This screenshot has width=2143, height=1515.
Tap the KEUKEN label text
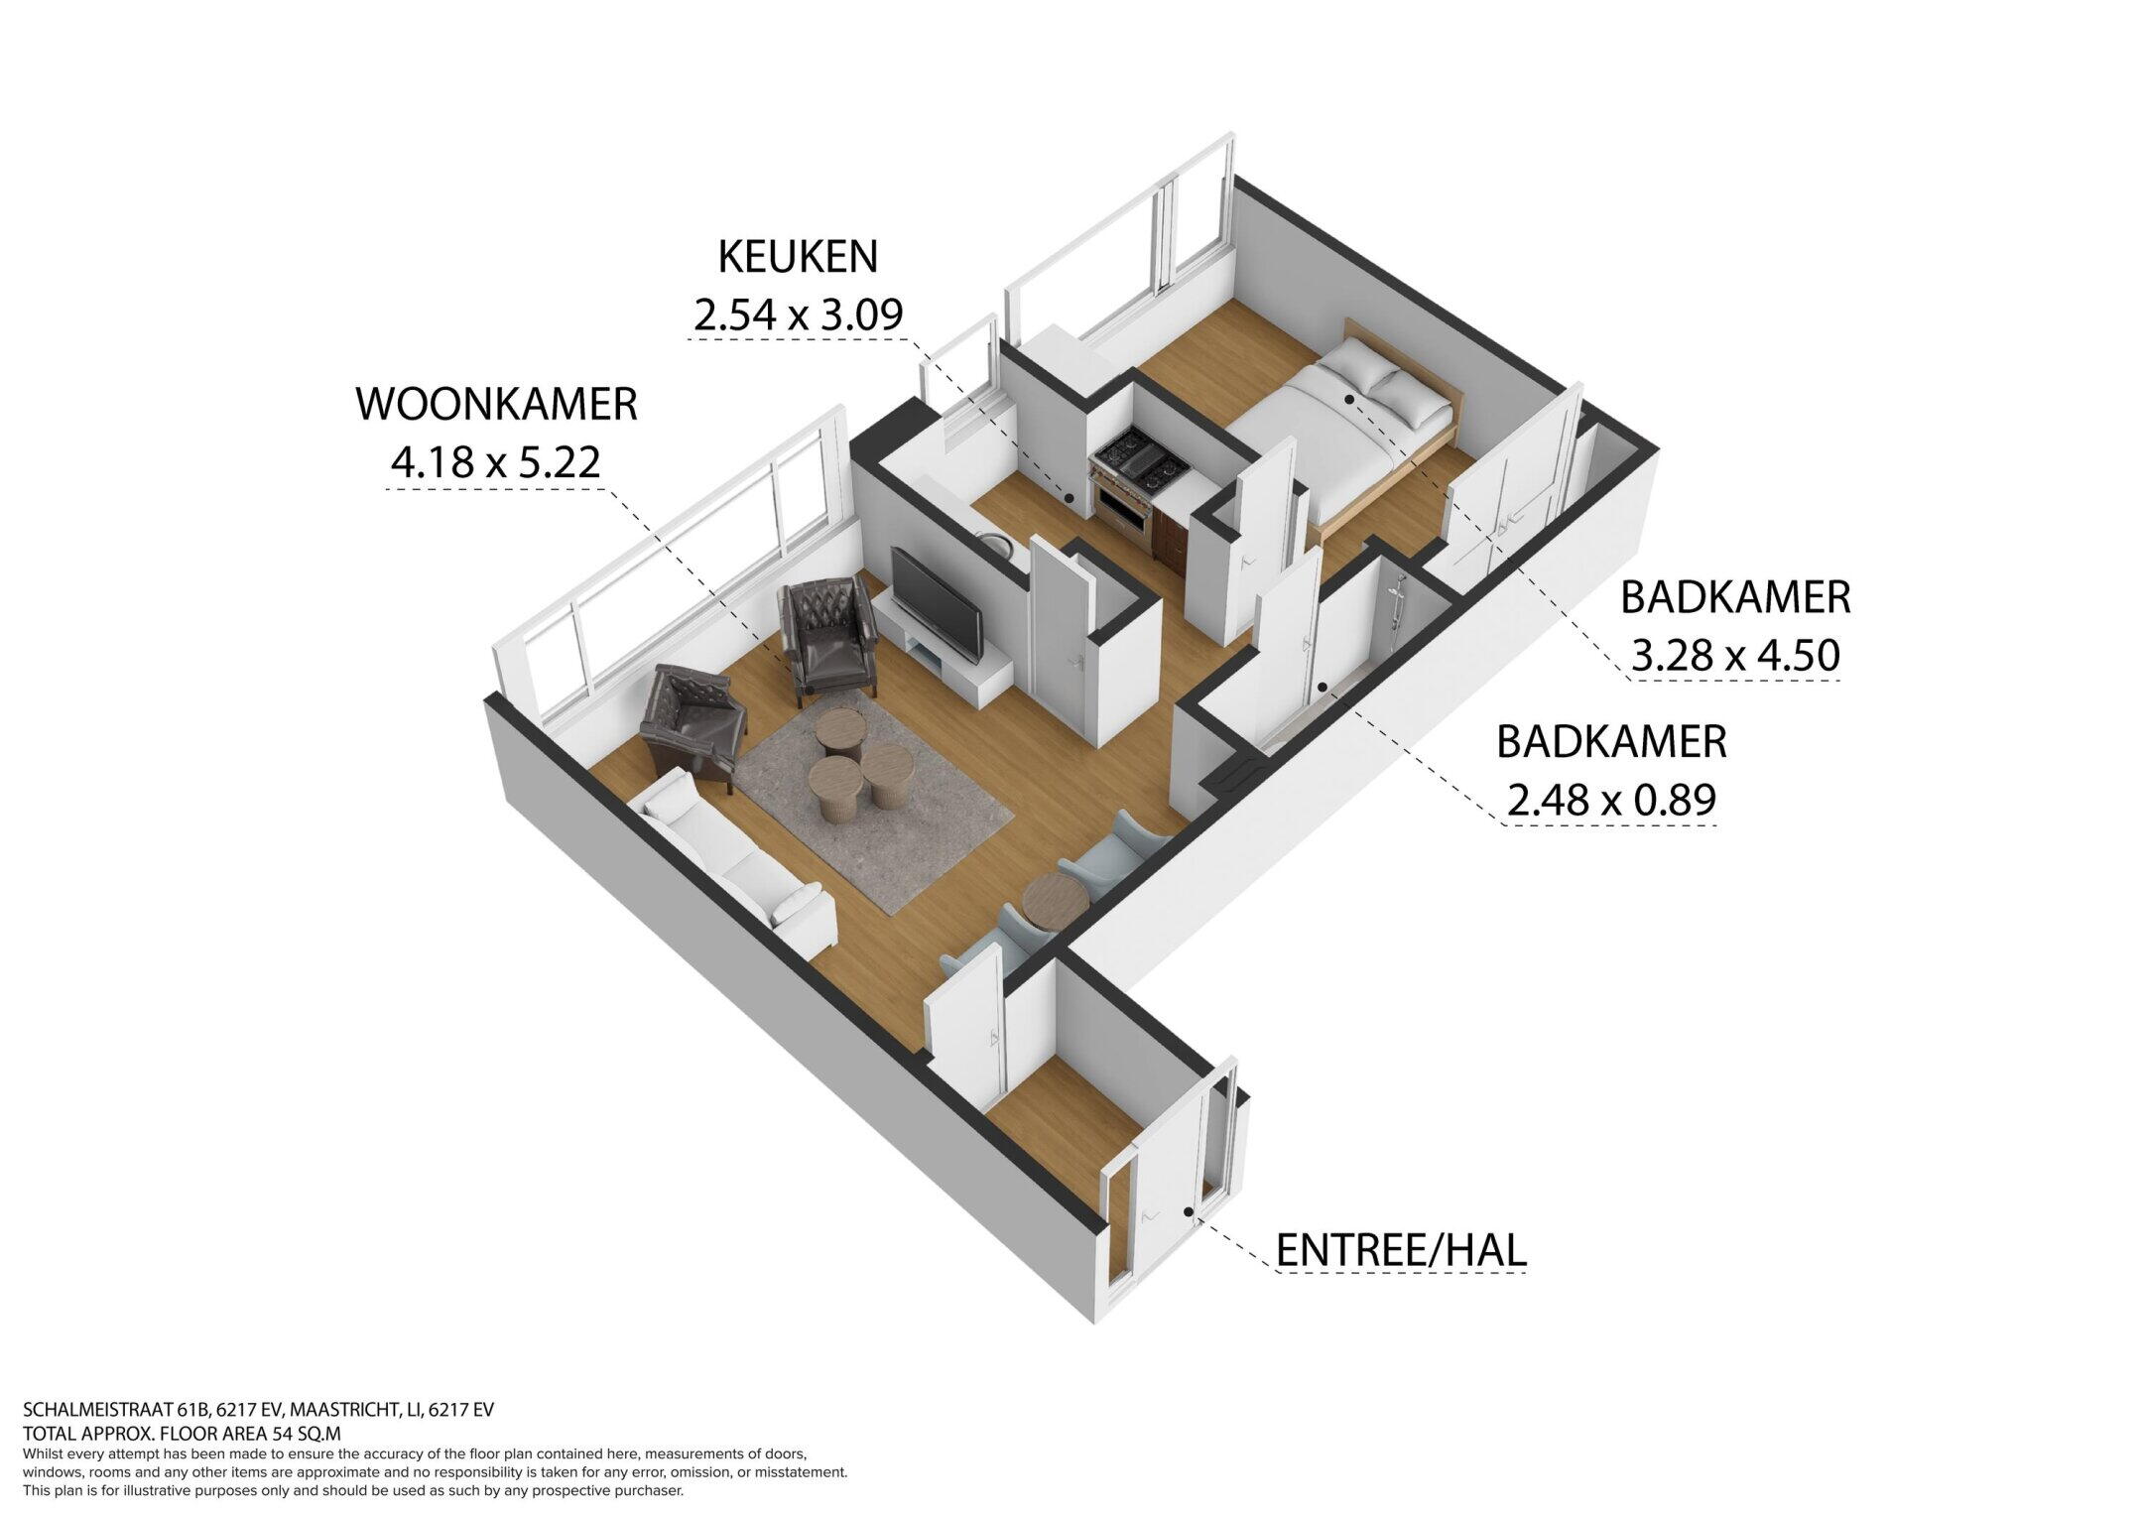click(798, 257)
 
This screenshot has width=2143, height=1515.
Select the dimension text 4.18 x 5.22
click(496, 462)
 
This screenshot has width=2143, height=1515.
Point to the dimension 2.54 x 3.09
click(798, 316)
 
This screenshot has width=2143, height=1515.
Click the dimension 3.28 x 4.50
click(1735, 656)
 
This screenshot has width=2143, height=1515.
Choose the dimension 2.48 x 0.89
click(1611, 800)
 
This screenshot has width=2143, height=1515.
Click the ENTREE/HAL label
click(1401, 1250)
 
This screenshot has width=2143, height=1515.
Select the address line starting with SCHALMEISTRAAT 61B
click(258, 1410)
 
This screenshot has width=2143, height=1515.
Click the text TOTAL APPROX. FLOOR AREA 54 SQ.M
click(182, 1433)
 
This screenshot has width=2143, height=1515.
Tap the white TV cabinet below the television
click(947, 660)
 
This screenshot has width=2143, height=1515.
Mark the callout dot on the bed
click(1349, 399)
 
